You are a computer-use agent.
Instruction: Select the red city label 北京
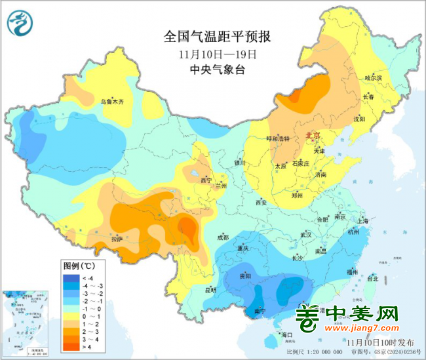(313, 136)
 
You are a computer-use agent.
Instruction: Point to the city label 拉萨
(117, 239)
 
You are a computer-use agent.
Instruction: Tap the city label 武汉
(305, 234)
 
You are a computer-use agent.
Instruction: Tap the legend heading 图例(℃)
(79, 266)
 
